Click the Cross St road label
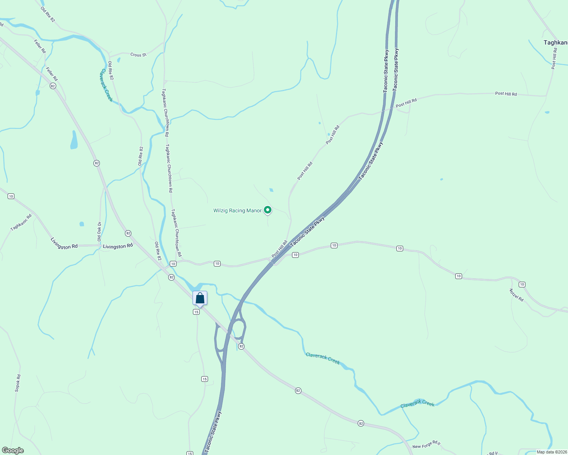(138, 55)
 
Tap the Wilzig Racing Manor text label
(237, 211)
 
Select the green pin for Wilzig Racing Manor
(268, 210)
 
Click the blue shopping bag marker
(200, 298)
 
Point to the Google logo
(13, 450)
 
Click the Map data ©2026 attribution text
(552, 452)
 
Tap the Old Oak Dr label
(99, 232)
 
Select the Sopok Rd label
(17, 383)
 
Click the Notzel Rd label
(516, 295)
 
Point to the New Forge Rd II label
(426, 445)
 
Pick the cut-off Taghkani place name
(555, 43)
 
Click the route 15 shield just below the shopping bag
(196, 312)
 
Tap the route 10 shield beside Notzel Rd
(522, 284)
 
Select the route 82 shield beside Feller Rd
(53, 86)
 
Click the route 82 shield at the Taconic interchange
(241, 346)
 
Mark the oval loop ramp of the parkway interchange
(238, 328)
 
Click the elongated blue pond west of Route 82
(74, 140)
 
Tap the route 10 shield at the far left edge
(11, 196)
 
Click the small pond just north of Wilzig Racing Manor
(271, 190)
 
